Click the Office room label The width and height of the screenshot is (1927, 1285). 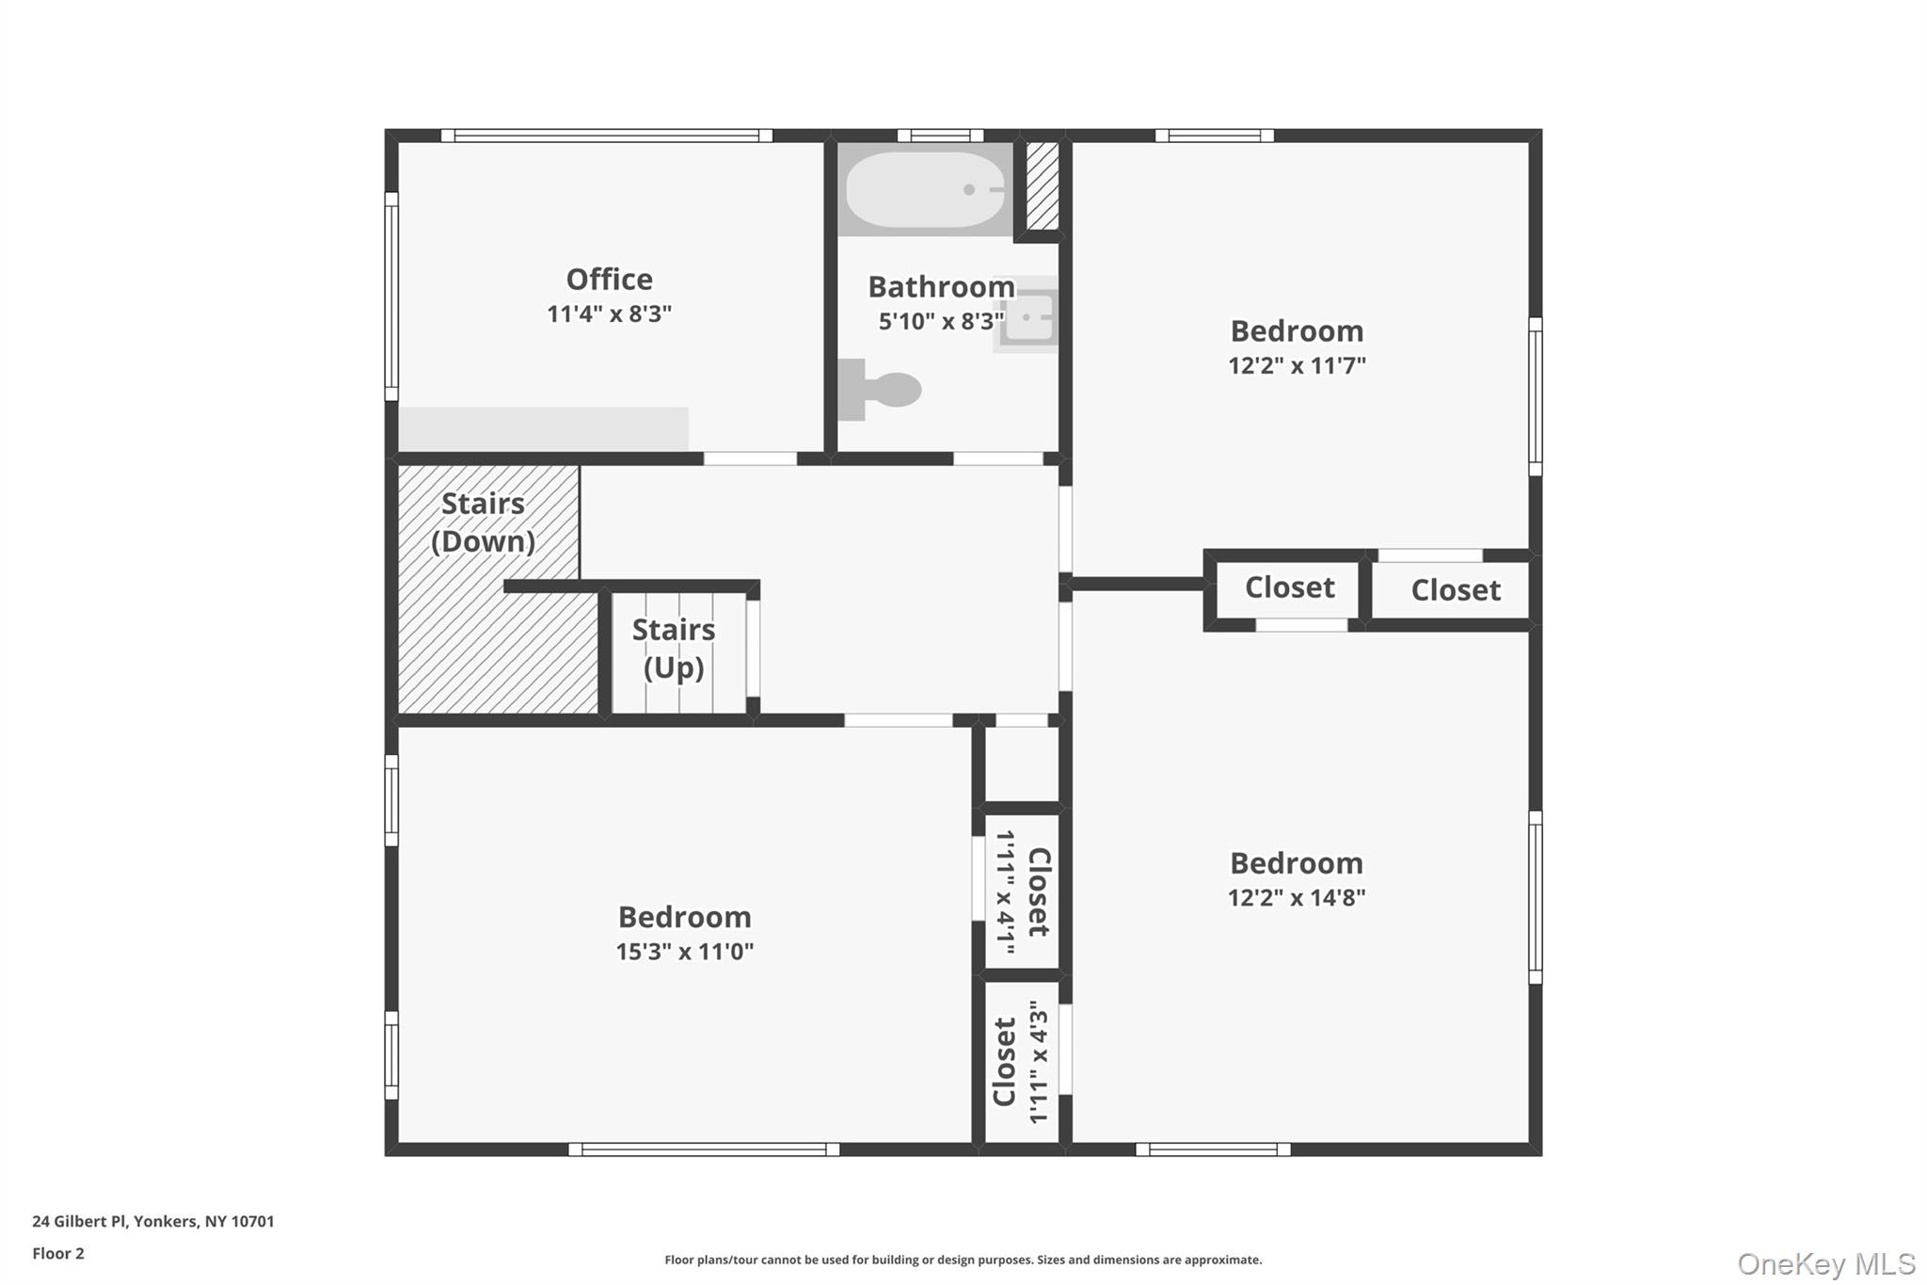click(609, 280)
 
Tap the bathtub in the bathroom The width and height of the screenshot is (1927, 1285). click(925, 189)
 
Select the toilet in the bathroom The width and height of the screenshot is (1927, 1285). click(879, 389)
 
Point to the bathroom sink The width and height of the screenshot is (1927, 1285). click(1027, 315)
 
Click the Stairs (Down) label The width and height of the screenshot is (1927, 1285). click(483, 522)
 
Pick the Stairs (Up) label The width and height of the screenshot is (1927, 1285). click(674, 649)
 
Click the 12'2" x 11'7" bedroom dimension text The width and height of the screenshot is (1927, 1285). click(1297, 365)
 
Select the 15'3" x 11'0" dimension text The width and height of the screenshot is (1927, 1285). click(685, 952)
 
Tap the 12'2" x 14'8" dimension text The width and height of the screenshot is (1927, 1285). click(1297, 897)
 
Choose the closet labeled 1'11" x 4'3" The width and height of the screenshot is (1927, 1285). click(1022, 1062)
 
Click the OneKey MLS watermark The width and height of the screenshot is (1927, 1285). click(1826, 1263)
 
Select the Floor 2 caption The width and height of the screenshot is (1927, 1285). click(58, 1254)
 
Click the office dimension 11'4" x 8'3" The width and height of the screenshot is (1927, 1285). click(610, 313)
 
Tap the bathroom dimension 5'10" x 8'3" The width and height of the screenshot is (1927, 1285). click(942, 322)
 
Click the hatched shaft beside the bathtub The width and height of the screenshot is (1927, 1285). click(1042, 186)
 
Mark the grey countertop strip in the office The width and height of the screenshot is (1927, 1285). click(544, 429)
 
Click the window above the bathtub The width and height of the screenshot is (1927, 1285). click(941, 136)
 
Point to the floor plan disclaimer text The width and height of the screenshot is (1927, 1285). click(963, 1260)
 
